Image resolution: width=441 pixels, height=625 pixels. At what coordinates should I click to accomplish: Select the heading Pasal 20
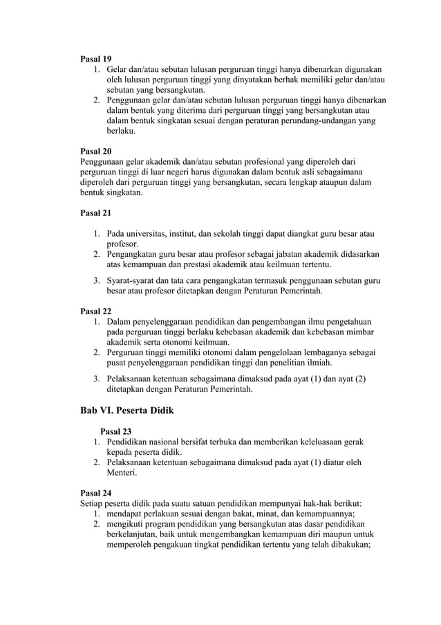(96, 150)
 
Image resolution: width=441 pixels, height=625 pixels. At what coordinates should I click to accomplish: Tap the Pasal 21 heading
(96, 212)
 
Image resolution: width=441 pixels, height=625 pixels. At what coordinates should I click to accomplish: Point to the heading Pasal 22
(96, 311)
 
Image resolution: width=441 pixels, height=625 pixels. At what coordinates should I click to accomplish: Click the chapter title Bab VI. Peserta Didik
(127, 410)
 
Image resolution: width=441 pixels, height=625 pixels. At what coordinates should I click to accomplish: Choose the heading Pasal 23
(115, 431)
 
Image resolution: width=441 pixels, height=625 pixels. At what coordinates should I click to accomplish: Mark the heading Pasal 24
(96, 493)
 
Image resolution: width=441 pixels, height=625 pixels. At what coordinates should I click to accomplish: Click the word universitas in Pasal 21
(149, 233)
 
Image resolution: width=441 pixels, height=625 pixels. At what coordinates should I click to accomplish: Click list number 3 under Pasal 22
(97, 379)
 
